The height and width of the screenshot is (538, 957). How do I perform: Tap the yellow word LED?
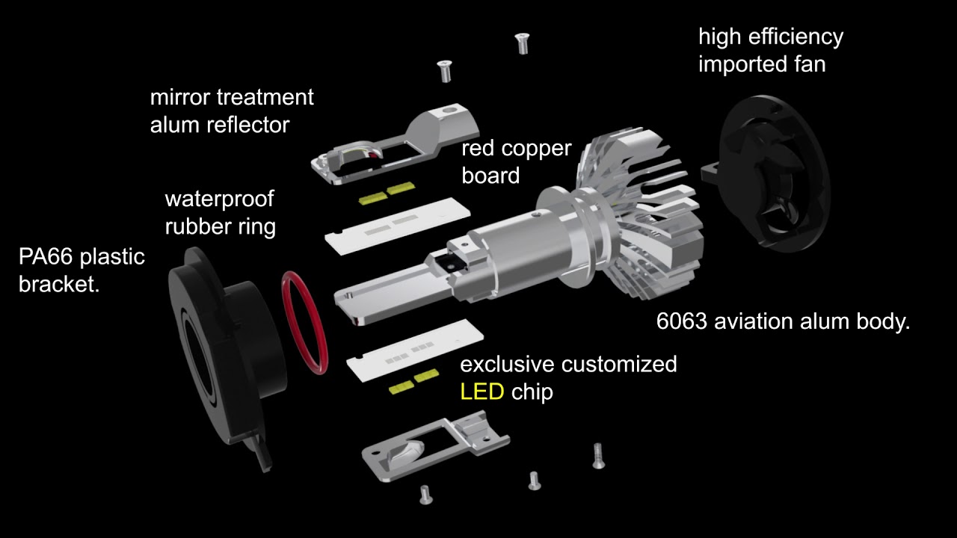tap(481, 392)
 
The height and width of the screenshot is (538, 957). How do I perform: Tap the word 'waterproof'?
tap(219, 199)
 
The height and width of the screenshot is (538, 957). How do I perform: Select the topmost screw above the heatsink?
tap(523, 43)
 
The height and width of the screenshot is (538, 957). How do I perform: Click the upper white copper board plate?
tap(396, 223)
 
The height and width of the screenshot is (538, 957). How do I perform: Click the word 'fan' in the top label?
tap(809, 64)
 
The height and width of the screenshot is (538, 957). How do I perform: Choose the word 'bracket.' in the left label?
tap(59, 284)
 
